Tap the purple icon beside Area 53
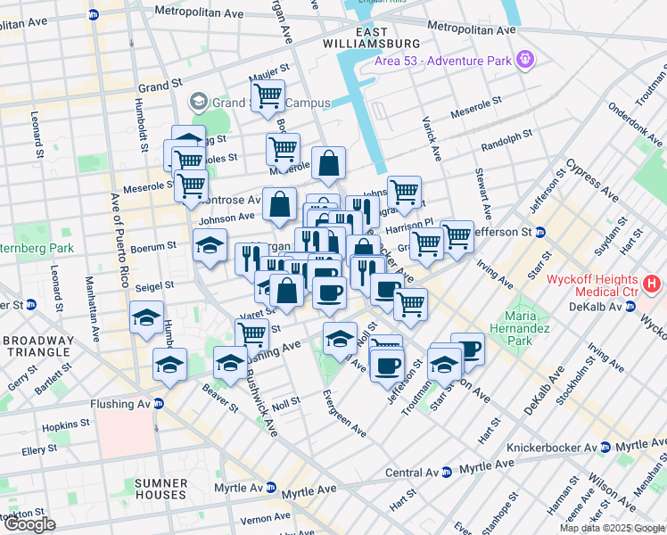526,60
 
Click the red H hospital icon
653,284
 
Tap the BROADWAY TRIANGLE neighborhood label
43,348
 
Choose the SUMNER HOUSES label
161,488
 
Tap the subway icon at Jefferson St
567,232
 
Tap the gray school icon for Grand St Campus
198,102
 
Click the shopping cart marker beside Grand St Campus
267,95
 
